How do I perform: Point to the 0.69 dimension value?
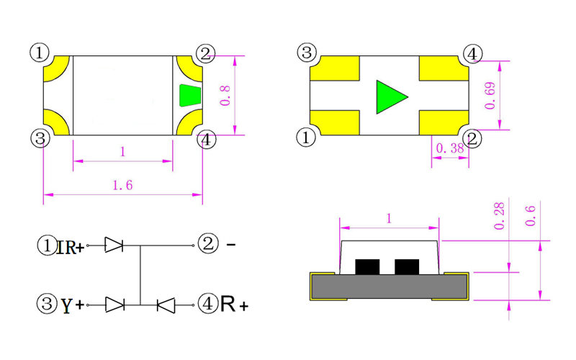[490, 95]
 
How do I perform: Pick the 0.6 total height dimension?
[531, 215]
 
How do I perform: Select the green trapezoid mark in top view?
[190, 95]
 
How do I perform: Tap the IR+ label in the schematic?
[70, 247]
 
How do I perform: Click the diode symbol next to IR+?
[114, 246]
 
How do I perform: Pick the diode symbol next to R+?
[166, 305]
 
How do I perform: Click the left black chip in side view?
[368, 267]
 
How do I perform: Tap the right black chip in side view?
[407, 267]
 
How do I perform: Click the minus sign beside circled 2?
[231, 245]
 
